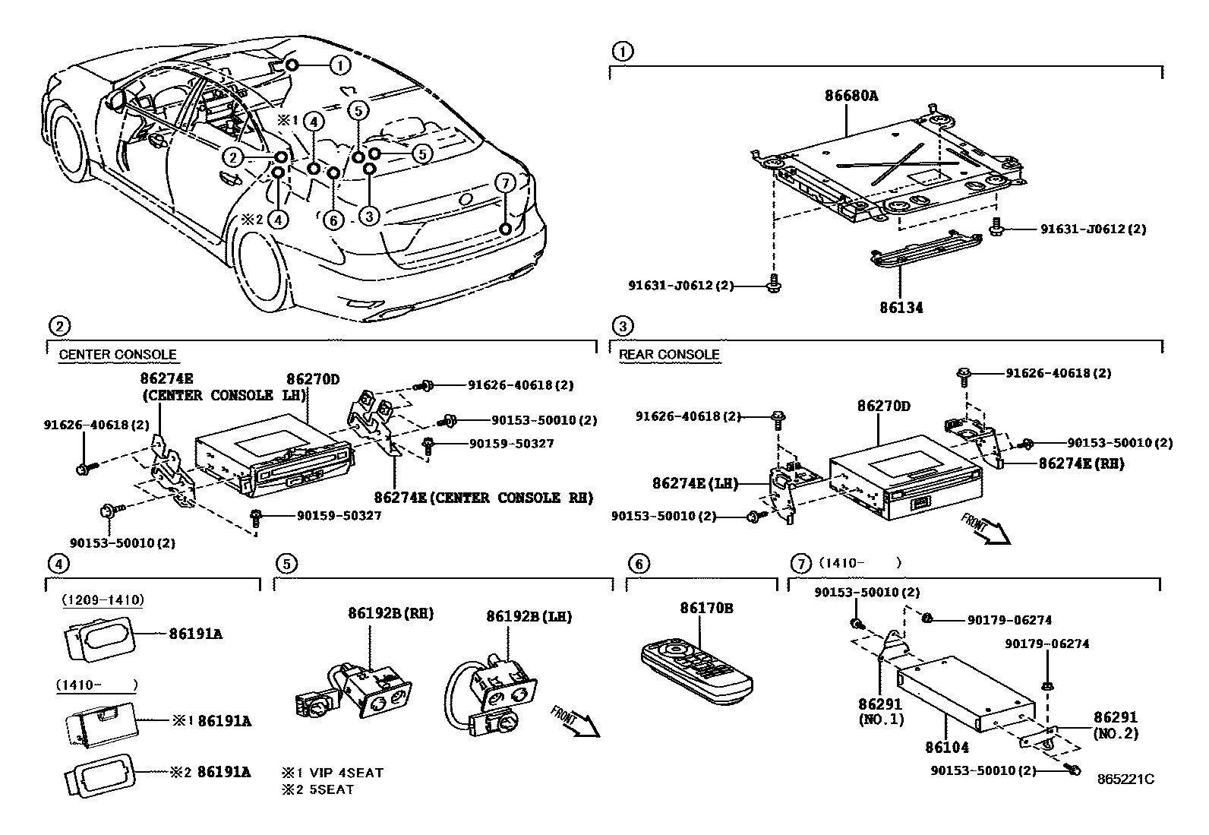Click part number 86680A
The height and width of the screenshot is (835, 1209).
851,96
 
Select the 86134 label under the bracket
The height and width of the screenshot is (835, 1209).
901,308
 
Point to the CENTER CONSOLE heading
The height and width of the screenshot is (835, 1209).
117,355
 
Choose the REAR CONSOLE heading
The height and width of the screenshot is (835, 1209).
668,355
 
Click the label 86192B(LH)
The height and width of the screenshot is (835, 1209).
529,616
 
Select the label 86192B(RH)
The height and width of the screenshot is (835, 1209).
390,612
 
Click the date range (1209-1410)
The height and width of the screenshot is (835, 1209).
103,599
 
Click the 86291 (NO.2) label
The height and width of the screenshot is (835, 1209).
1116,725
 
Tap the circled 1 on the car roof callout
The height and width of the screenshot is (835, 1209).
340,65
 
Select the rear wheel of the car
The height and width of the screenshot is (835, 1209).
263,263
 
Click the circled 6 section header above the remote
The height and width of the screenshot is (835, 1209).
639,564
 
